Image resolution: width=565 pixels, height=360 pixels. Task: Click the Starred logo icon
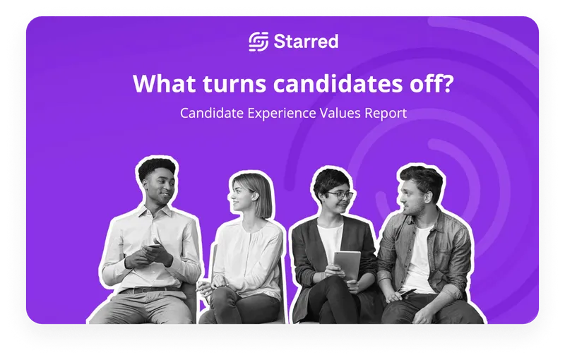tap(258, 42)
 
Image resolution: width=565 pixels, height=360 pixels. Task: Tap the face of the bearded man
tap(415, 196)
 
